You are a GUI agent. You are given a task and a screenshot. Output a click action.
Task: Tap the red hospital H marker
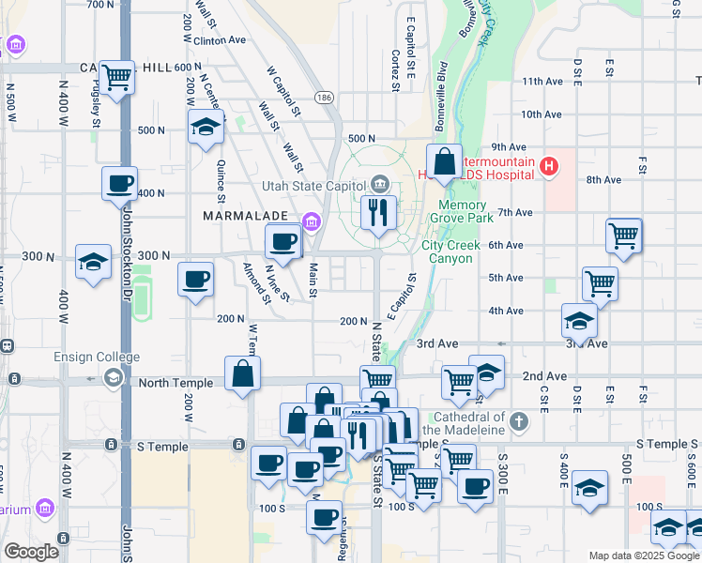coord(549,168)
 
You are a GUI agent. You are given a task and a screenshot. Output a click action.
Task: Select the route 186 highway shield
coord(325,97)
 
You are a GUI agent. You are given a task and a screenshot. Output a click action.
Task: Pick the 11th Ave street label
coord(542,82)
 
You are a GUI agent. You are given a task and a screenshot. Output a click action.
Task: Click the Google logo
coord(32,552)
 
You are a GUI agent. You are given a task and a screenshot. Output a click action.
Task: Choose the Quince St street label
coord(221,181)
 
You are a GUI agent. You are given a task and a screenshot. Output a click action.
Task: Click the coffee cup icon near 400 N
coord(119,182)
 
